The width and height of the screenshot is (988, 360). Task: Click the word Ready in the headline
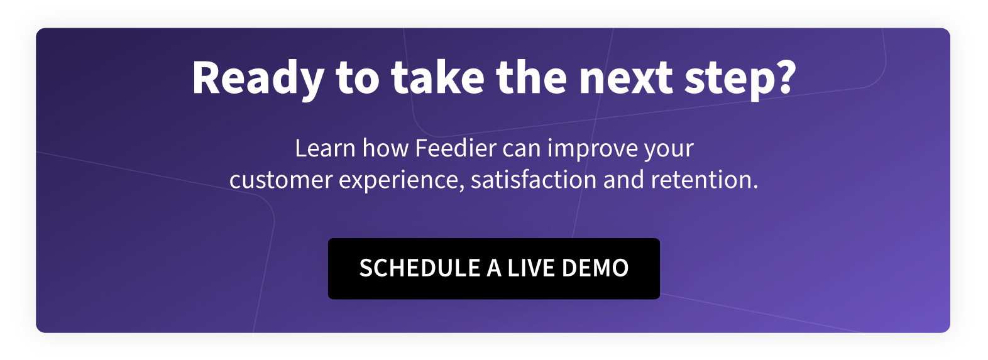click(258, 79)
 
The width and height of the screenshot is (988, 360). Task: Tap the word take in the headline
click(437, 77)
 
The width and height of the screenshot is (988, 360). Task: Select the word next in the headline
click(626, 79)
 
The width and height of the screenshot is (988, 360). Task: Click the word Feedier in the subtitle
click(456, 148)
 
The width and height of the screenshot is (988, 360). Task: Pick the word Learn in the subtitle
click(326, 148)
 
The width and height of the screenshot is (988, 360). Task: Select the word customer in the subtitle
click(281, 181)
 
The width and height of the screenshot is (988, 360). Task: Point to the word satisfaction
click(534, 180)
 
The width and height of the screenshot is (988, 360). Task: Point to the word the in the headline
click(531, 77)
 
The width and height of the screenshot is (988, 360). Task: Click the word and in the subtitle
click(623, 180)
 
